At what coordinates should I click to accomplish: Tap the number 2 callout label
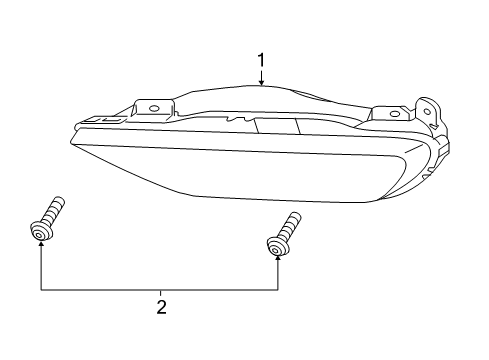159,307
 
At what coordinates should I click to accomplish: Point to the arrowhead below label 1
261,87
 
